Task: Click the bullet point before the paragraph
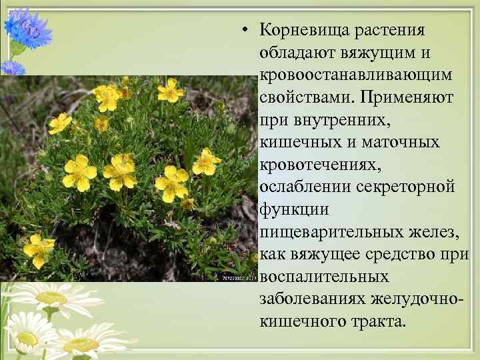tap(246, 30)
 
